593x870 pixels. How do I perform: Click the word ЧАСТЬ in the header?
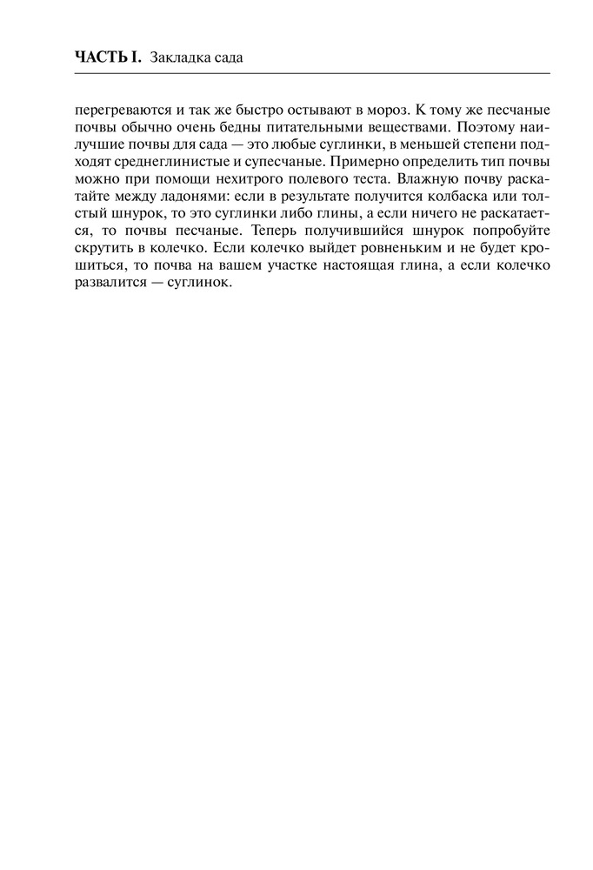pos(98,58)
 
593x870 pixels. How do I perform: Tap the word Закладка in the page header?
pos(180,58)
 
